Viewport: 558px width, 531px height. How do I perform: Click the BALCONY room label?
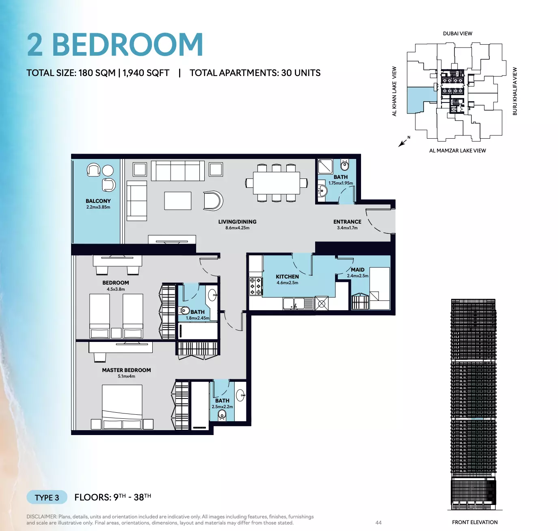point(98,201)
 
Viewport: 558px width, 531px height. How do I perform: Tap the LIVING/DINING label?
point(237,222)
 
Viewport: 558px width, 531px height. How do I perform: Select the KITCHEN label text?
point(287,276)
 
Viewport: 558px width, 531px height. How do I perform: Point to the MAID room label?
point(358,270)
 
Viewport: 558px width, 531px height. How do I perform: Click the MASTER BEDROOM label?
point(126,370)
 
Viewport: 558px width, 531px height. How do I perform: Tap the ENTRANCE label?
point(347,222)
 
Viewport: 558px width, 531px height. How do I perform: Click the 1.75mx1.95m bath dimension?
point(341,183)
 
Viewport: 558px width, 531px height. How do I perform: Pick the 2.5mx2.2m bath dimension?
point(222,407)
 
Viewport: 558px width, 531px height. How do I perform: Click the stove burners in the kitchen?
point(255,287)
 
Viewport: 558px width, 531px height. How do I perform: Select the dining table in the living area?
point(277,183)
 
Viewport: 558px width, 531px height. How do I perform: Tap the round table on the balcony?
point(108,171)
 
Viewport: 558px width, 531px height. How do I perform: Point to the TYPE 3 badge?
point(47,498)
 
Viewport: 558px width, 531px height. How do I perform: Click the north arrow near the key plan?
point(402,143)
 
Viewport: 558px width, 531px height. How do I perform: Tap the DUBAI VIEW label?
point(458,33)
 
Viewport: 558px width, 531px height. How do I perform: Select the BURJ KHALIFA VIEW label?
point(515,91)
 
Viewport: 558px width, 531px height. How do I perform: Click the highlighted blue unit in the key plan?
point(418,100)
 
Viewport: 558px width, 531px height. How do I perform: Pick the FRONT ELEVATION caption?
point(475,522)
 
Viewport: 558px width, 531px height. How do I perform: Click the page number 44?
point(378,522)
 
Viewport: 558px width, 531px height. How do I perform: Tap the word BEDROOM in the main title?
point(128,45)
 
